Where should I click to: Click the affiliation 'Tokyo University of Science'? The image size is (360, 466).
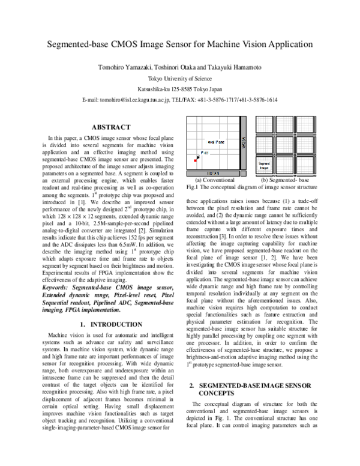click(179, 78)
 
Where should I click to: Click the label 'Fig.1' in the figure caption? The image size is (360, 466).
click(193, 187)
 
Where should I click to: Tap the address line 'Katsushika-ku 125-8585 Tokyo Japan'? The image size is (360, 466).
click(179, 89)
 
